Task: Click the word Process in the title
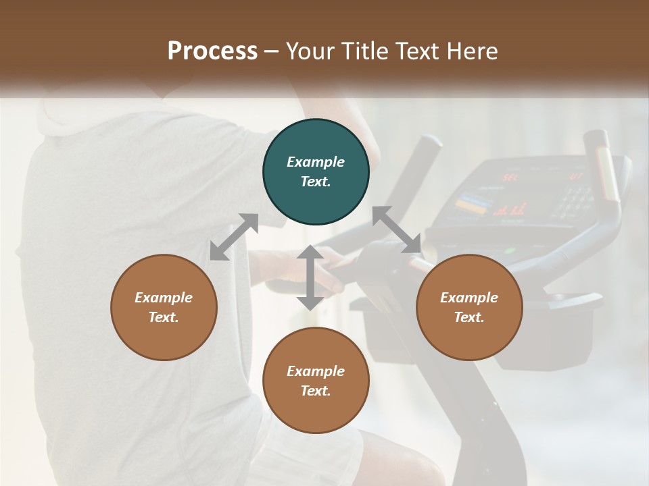[212, 51]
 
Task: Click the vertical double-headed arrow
[310, 277]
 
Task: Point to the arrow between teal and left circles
[234, 237]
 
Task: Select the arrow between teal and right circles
[397, 230]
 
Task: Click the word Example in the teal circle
[316, 162]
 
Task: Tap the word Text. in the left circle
[164, 317]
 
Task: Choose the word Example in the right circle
[469, 298]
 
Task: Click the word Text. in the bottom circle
[316, 391]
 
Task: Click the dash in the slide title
[272, 51]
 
